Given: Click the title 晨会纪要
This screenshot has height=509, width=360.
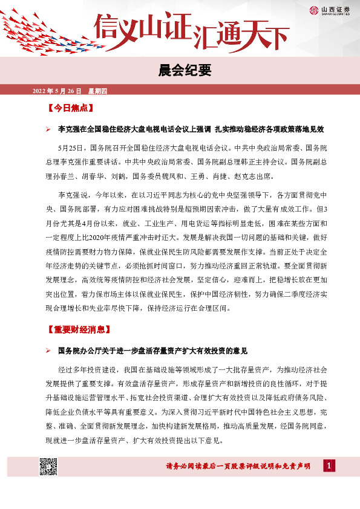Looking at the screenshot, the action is pyautogui.click(x=180, y=71).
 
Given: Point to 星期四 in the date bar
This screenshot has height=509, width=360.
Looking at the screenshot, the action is pyautogui.click(x=97, y=91).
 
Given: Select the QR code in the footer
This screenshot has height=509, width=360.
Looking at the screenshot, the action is pyautogui.click(x=48, y=467).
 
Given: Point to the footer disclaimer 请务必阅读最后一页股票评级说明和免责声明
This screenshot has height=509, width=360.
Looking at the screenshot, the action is pyautogui.click(x=237, y=467).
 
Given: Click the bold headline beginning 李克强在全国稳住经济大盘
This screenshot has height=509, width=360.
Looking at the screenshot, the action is pyautogui.click(x=191, y=130).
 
